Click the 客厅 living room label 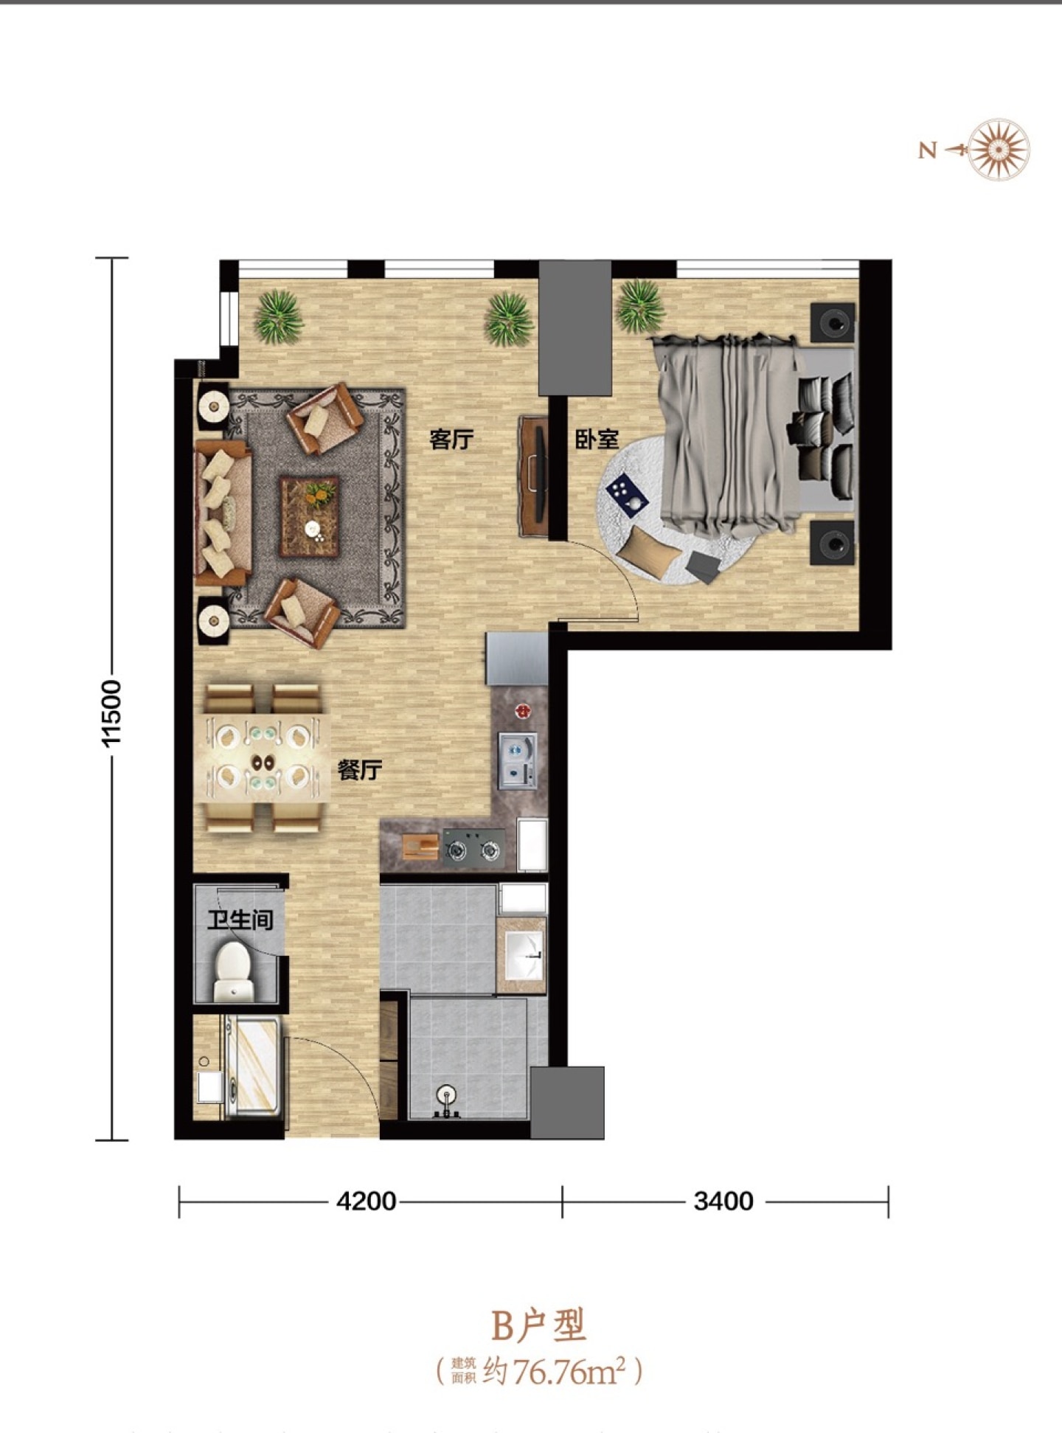[451, 440]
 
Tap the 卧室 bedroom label [597, 440]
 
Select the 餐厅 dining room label [359, 771]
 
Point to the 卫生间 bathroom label [240, 920]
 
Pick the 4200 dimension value [366, 1201]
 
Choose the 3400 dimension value [723, 1201]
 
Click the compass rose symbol [999, 149]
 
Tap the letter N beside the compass [927, 150]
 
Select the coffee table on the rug [309, 516]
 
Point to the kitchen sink [517, 760]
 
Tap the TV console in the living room [533, 476]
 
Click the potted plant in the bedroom [639, 305]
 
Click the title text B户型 [538, 1325]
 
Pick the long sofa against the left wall [222, 513]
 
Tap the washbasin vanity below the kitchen [521, 955]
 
